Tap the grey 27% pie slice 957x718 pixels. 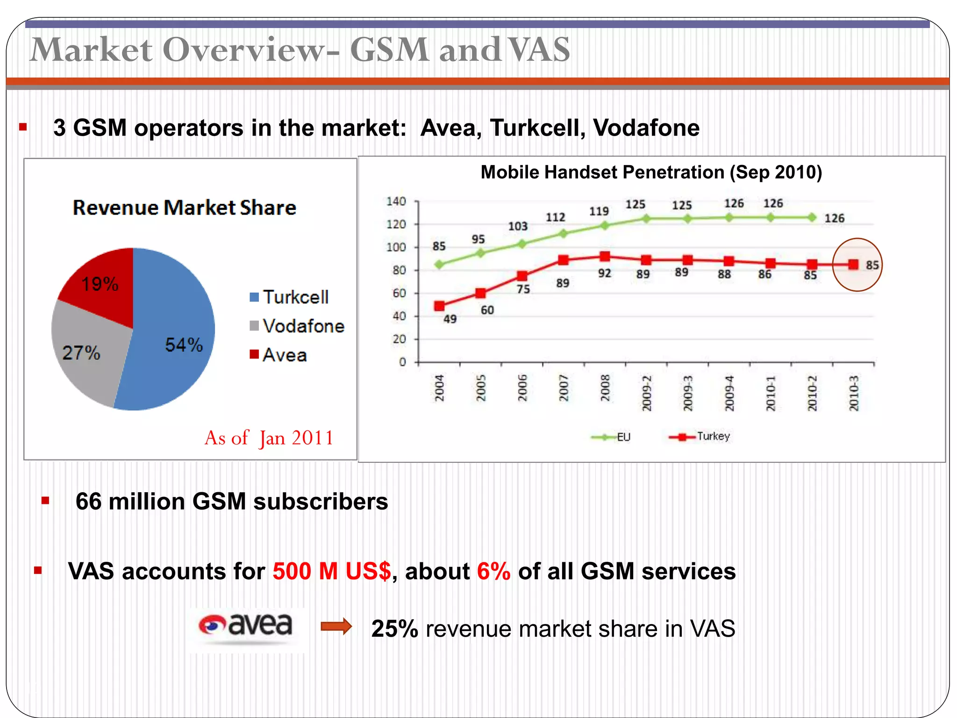(x=86, y=355)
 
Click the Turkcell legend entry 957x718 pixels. (x=290, y=297)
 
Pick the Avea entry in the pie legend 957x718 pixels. (x=279, y=355)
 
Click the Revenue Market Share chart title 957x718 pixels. (x=185, y=208)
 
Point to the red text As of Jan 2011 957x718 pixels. (x=269, y=438)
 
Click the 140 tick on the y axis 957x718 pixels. (x=396, y=201)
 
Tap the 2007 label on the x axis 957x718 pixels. (x=564, y=388)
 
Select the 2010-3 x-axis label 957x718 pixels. (x=854, y=393)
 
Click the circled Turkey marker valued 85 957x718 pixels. (x=854, y=265)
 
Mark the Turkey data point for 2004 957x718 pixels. (x=439, y=306)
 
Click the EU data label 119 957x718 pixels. (x=599, y=211)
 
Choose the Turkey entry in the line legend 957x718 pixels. (x=700, y=437)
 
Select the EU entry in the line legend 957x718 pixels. (x=612, y=437)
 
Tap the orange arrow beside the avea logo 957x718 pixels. (x=336, y=626)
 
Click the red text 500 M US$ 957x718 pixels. (x=331, y=571)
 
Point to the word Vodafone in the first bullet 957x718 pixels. (x=646, y=128)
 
